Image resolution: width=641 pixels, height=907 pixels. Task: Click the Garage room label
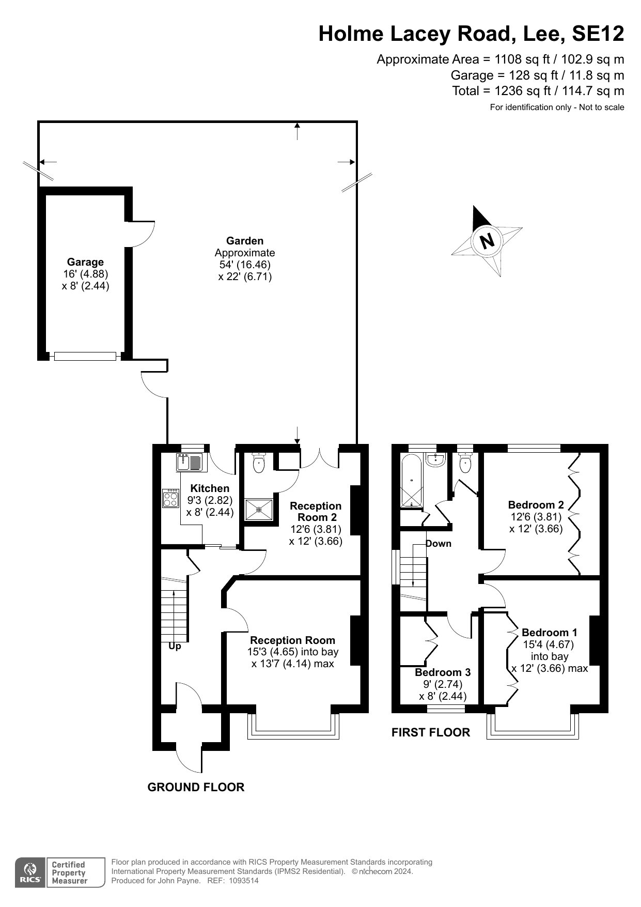pyautogui.click(x=85, y=262)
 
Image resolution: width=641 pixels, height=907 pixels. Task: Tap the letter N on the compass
pyautogui.click(x=487, y=241)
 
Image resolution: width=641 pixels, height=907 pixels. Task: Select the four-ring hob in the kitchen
pyautogui.click(x=171, y=498)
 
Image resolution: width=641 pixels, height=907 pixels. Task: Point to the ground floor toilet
pyautogui.click(x=259, y=463)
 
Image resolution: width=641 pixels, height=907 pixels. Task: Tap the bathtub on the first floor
pyautogui.click(x=412, y=481)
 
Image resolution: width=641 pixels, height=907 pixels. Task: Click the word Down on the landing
pyautogui.click(x=439, y=543)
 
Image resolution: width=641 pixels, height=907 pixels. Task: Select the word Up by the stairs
pyautogui.click(x=175, y=646)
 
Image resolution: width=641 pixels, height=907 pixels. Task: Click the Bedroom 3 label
pyautogui.click(x=443, y=672)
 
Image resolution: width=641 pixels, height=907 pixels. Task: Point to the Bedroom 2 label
pyautogui.click(x=536, y=505)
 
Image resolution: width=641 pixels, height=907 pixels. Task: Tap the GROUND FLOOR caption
pyautogui.click(x=196, y=787)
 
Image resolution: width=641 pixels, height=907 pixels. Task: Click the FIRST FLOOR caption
pyautogui.click(x=431, y=732)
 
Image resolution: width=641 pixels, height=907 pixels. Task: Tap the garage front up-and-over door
pyautogui.click(x=85, y=356)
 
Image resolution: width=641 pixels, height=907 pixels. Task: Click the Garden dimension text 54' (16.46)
pyautogui.click(x=244, y=265)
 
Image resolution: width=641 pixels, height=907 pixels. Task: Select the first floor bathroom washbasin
pyautogui.click(x=437, y=459)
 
